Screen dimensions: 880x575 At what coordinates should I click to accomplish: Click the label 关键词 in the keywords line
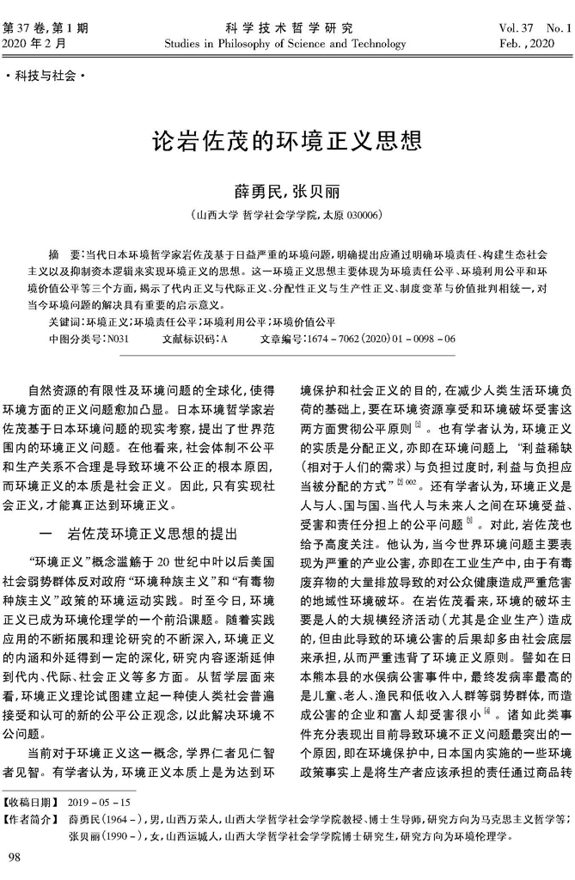66,320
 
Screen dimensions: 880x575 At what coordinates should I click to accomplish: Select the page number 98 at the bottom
15,859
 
